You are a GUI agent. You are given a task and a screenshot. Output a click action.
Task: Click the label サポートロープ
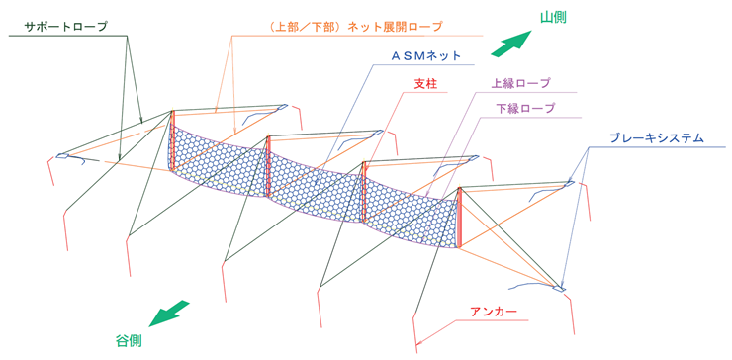click(x=66, y=27)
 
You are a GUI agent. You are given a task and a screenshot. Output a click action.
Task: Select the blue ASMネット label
click(x=425, y=56)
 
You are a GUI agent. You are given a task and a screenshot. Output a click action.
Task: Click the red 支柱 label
click(x=424, y=84)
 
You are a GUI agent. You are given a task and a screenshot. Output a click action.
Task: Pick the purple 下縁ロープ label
click(x=525, y=109)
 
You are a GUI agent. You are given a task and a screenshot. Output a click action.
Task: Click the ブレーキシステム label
click(x=657, y=138)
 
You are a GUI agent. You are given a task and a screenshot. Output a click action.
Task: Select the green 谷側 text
click(x=129, y=341)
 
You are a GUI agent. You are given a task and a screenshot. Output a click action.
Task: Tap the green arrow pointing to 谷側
click(x=170, y=314)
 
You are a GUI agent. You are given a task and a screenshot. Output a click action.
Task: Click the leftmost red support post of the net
click(x=172, y=140)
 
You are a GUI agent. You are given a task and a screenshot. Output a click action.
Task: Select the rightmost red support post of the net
click(x=460, y=218)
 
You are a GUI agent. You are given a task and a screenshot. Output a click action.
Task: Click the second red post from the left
click(x=268, y=166)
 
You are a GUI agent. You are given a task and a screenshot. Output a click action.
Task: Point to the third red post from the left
click(x=364, y=192)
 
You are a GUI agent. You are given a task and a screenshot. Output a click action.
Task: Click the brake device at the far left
click(x=62, y=156)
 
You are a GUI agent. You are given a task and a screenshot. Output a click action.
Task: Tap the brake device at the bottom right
click(x=559, y=289)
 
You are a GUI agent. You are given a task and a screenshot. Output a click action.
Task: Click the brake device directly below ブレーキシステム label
click(x=570, y=184)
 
